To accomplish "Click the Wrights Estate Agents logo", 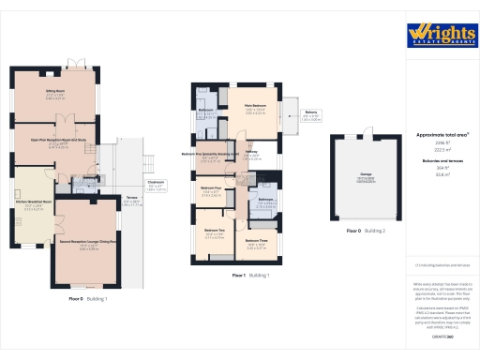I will (442, 34).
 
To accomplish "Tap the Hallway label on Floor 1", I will (251, 153).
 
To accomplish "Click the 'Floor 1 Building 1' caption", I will (250, 276).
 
